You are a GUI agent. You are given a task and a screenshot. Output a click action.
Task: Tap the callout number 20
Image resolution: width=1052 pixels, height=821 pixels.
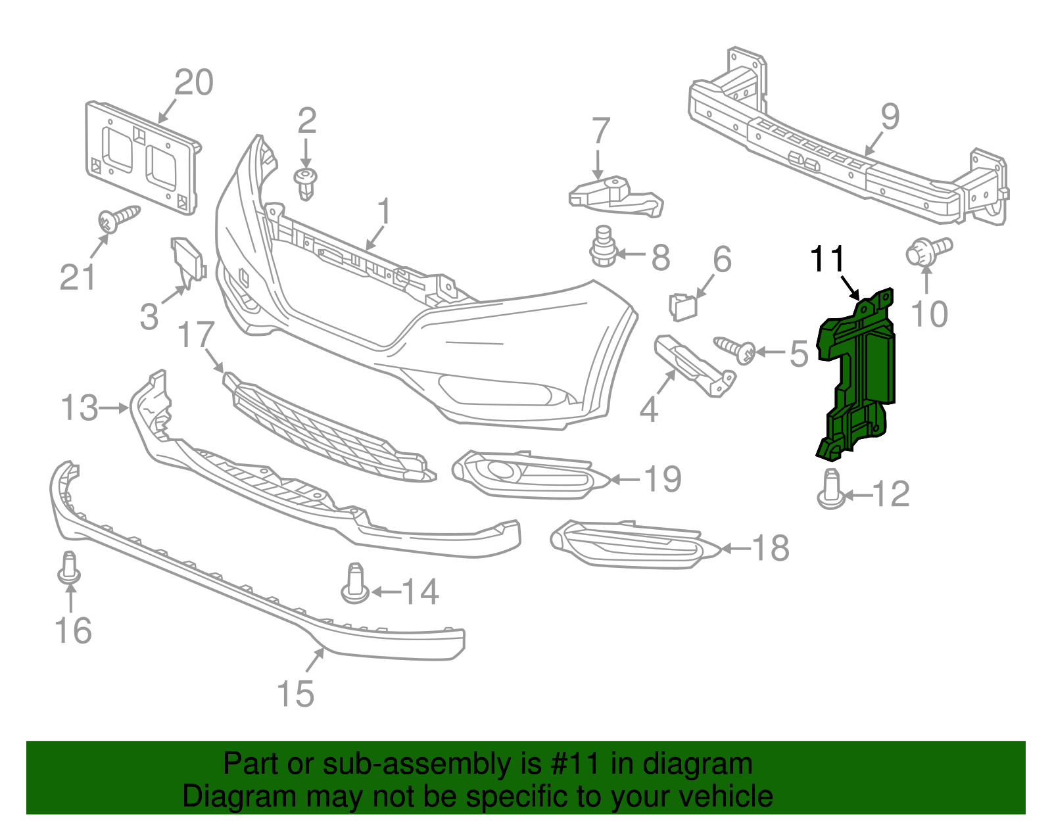pyautogui.click(x=194, y=83)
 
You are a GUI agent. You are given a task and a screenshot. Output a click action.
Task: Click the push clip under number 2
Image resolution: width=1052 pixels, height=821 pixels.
pyautogui.click(x=306, y=182)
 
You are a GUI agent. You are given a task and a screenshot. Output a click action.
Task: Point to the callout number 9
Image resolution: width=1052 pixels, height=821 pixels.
pyautogui.click(x=889, y=117)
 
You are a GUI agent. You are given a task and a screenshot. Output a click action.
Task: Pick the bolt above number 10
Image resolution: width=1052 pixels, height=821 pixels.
pyautogui.click(x=927, y=252)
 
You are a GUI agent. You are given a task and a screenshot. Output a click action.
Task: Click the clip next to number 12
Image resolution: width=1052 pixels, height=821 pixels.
pyautogui.click(x=832, y=490)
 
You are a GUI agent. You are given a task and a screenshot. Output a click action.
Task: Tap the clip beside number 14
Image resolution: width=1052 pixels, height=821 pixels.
pyautogui.click(x=355, y=583)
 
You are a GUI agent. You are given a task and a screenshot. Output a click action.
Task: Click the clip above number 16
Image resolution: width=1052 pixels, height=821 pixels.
pyautogui.click(x=69, y=568)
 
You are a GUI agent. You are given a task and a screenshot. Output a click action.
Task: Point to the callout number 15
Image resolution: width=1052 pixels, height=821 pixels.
pyautogui.click(x=296, y=693)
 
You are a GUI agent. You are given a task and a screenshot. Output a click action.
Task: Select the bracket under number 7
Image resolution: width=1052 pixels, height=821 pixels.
pyautogui.click(x=615, y=196)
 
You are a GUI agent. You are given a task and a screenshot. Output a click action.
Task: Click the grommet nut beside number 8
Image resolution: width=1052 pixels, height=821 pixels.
pyautogui.click(x=602, y=248)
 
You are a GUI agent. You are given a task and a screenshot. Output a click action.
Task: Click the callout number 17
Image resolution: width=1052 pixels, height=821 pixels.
pyautogui.click(x=196, y=335)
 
